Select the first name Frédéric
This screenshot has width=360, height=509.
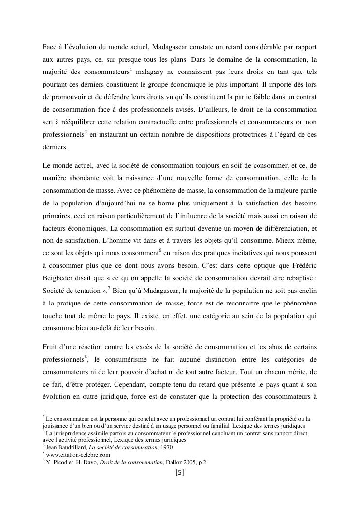click(x=302, y=267)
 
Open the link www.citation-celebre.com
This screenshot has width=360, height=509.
click(x=78, y=455)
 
